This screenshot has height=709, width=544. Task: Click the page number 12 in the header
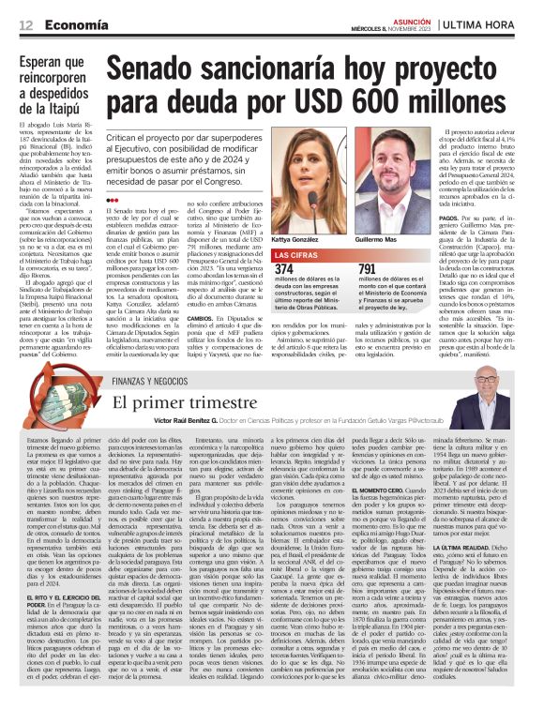(23, 23)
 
